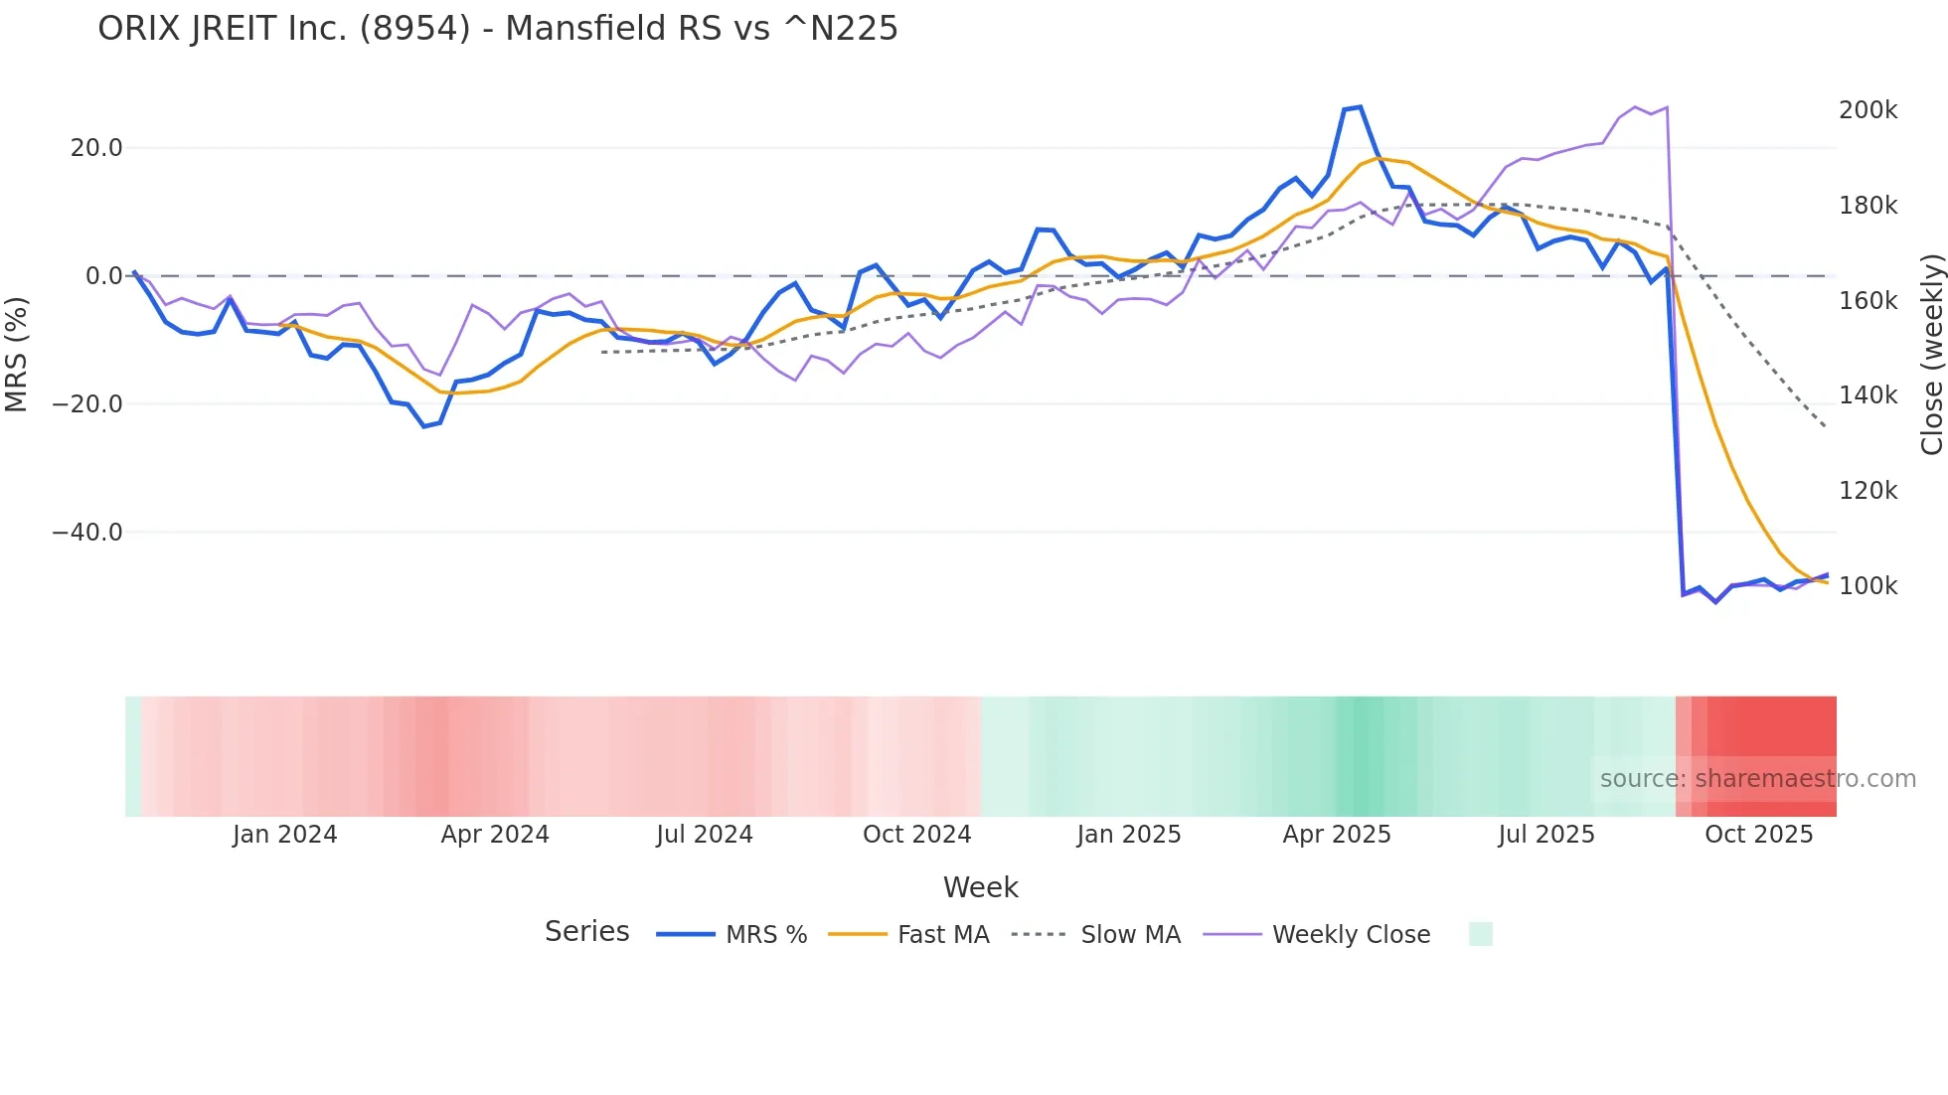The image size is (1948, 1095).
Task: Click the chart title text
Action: (x=497, y=28)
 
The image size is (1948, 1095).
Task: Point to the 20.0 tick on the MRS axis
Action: (x=96, y=148)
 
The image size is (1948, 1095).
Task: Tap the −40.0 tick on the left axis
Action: (x=87, y=533)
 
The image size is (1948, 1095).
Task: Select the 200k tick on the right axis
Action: (x=1867, y=110)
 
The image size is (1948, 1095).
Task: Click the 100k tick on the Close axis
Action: (x=1867, y=586)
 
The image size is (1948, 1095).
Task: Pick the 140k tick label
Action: (x=1867, y=395)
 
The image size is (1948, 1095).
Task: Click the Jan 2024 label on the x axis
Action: (x=284, y=835)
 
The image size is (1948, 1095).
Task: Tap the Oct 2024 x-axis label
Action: (x=916, y=835)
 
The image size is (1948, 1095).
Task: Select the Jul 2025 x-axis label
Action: (x=1545, y=835)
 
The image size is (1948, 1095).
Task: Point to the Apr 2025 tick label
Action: (x=1337, y=835)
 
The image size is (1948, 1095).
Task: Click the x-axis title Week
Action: (x=980, y=887)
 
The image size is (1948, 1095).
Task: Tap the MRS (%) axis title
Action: (x=16, y=354)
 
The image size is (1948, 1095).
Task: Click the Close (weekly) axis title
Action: (x=1931, y=355)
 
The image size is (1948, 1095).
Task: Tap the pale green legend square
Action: (x=1480, y=934)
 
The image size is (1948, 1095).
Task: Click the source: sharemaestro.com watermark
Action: (x=1757, y=779)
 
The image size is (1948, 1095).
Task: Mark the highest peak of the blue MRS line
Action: (x=1360, y=106)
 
